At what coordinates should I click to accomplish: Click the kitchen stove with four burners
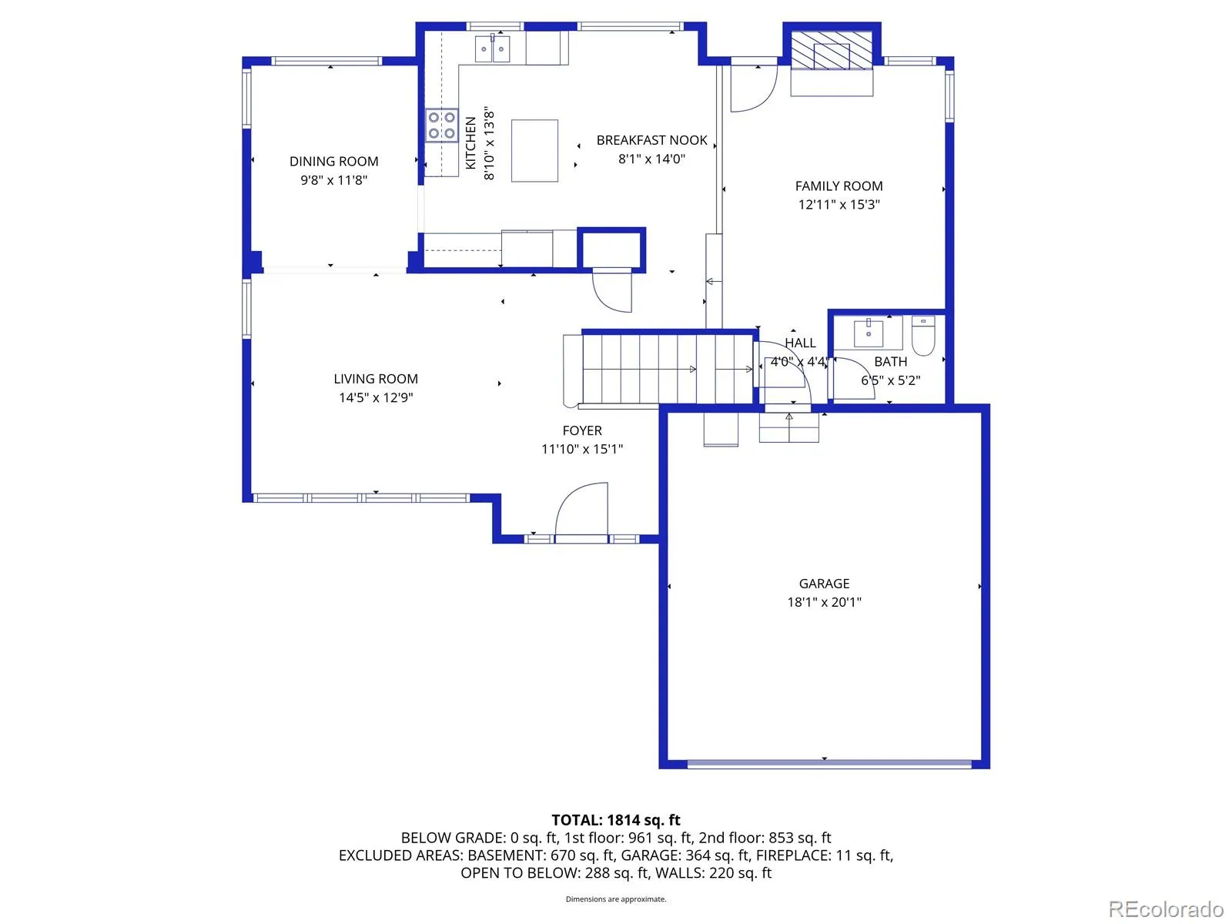441,125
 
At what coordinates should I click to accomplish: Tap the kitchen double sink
492,49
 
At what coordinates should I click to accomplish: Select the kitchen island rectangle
534,150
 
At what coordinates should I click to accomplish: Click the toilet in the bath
922,336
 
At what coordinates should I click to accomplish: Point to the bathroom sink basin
868,334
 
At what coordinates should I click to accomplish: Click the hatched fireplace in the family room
832,51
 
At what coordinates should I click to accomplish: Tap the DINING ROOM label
334,162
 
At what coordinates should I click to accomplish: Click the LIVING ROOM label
376,379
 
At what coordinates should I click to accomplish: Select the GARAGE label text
824,584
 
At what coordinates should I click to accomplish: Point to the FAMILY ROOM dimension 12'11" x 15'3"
839,204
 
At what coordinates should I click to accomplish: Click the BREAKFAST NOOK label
651,140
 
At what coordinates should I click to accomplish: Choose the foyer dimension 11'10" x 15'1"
582,449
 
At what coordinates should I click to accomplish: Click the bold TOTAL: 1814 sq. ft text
616,820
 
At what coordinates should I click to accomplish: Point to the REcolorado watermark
1166,908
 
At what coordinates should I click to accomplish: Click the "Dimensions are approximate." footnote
616,899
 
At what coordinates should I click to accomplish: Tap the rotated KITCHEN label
471,142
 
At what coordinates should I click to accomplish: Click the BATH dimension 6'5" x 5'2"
891,380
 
